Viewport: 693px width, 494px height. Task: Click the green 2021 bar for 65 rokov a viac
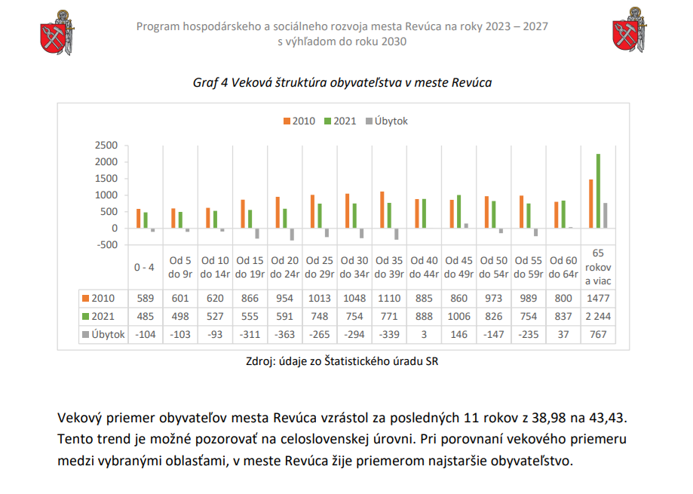click(x=598, y=191)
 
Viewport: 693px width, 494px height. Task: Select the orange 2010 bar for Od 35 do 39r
click(x=382, y=210)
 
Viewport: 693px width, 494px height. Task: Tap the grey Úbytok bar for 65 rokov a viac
click(x=606, y=216)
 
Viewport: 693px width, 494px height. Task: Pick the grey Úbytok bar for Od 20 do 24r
click(x=292, y=235)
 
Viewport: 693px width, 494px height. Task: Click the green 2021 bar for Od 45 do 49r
click(x=458, y=212)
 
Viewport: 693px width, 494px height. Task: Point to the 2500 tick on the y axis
click(x=106, y=146)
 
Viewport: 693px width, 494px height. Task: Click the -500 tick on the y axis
click(x=107, y=245)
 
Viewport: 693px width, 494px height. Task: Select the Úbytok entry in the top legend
click(x=387, y=121)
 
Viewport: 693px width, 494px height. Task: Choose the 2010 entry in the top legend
click(x=299, y=121)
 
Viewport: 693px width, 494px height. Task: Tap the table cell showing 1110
click(x=389, y=298)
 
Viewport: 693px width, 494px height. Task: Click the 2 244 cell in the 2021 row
click(x=598, y=316)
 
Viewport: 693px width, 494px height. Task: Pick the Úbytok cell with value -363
click(x=284, y=335)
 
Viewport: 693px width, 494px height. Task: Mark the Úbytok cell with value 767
click(x=598, y=335)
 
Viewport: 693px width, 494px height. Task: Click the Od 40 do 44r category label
click(x=425, y=267)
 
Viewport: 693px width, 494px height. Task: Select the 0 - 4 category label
click(x=145, y=267)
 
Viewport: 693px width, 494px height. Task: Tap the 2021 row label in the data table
click(x=99, y=316)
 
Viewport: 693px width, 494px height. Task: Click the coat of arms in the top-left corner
click(x=57, y=33)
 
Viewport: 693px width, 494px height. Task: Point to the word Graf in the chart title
click(x=206, y=83)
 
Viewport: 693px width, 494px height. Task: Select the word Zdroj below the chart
click(x=261, y=361)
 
